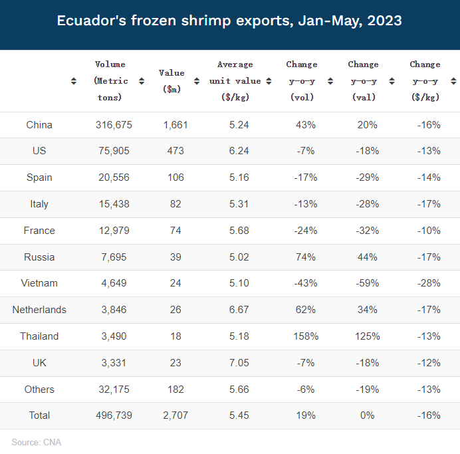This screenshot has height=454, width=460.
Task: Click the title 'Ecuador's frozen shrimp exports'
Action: pyautogui.click(x=229, y=21)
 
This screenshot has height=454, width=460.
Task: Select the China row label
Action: pyautogui.click(x=39, y=125)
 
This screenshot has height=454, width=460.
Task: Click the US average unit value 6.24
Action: pyautogui.click(x=239, y=151)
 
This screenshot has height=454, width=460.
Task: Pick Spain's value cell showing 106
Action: pyautogui.click(x=175, y=177)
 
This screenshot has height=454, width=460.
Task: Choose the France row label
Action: pyautogui.click(x=39, y=231)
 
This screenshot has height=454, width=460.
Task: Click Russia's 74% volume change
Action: pyautogui.click(x=306, y=257)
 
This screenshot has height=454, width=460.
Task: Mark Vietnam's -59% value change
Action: pyautogui.click(x=366, y=283)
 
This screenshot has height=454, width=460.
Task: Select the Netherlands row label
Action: pyautogui.click(x=39, y=310)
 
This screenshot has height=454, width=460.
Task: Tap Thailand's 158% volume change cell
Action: pyautogui.click(x=304, y=336)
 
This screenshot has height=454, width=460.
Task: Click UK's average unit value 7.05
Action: pyautogui.click(x=239, y=363)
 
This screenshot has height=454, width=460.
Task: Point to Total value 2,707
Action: pyautogui.click(x=175, y=415)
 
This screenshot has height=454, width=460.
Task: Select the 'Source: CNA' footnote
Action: pyautogui.click(x=37, y=441)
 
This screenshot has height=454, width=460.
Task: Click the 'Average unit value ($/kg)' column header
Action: pyautogui.click(x=235, y=81)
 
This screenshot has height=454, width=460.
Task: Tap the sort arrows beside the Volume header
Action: pyautogui.click(x=142, y=81)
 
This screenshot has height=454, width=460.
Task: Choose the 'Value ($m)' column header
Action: pyautogui.click(x=172, y=81)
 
